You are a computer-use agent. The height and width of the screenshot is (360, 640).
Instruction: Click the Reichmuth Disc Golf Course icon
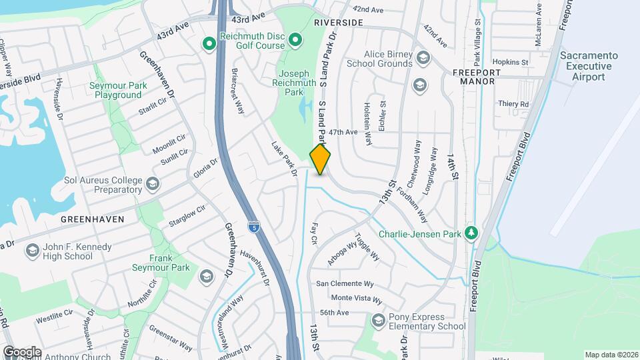coord(209,45)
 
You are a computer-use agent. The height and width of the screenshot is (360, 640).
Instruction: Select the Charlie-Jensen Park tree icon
coord(471,233)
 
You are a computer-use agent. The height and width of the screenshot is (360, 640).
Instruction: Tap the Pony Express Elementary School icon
coord(379,321)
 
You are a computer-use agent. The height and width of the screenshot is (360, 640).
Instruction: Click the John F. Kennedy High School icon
coord(32,251)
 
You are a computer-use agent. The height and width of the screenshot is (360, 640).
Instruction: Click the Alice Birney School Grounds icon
coord(422,59)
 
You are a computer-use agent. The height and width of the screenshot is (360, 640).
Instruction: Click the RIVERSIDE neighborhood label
coord(338,23)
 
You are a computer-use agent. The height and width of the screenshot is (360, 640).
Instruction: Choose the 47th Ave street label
coord(343,132)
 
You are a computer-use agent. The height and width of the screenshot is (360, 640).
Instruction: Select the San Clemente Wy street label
coord(349,283)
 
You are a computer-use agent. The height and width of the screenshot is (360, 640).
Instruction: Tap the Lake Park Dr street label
coord(283,159)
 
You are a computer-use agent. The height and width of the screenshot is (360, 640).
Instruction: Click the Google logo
coord(21,351)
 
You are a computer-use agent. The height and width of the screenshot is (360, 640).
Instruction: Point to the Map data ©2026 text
coord(611,355)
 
